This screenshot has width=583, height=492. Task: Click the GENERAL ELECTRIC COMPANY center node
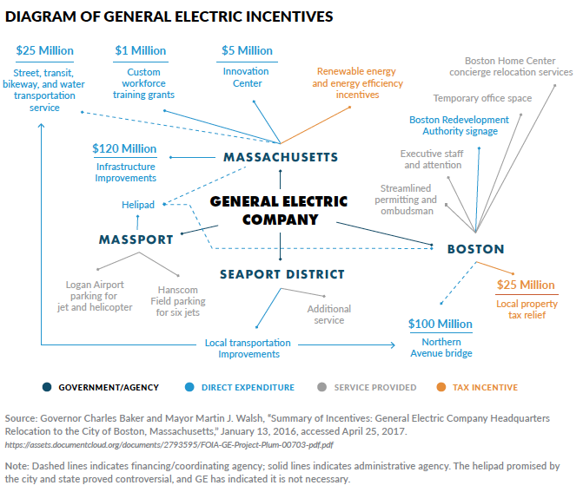click(x=279, y=210)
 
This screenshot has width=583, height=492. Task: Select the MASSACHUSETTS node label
click(x=281, y=157)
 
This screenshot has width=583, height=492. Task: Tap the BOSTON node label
click(x=475, y=249)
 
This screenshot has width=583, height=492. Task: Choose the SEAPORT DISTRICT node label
click(x=282, y=274)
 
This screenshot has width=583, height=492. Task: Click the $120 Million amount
click(x=124, y=149)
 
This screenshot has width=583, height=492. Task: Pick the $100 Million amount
click(x=441, y=324)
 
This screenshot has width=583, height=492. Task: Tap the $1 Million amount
click(x=141, y=51)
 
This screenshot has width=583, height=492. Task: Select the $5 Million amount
click(x=246, y=51)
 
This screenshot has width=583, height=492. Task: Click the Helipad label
click(x=137, y=205)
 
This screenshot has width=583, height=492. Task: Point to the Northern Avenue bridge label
click(x=441, y=347)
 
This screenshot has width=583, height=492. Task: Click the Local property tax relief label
click(x=525, y=309)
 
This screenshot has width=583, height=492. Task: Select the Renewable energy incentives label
click(x=357, y=82)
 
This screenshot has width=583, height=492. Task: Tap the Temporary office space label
click(x=482, y=98)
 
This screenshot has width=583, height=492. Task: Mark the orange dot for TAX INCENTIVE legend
click(x=441, y=387)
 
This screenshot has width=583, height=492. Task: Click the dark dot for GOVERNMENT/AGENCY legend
click(x=47, y=387)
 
